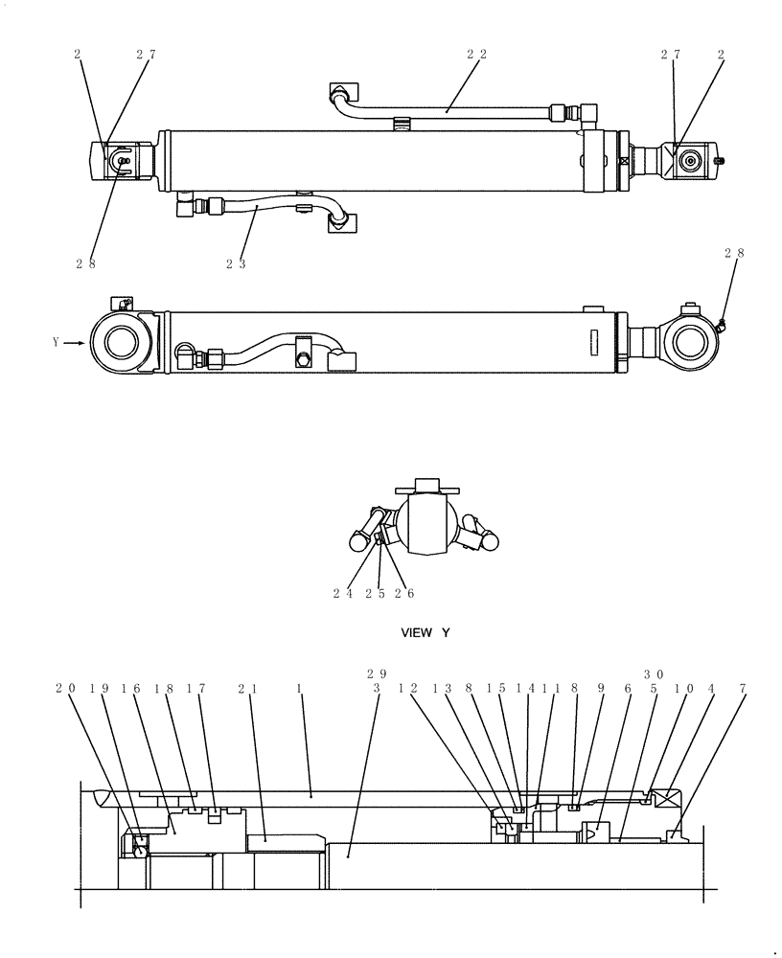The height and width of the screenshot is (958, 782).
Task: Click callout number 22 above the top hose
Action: point(476,55)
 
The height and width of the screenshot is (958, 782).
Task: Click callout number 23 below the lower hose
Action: point(236,263)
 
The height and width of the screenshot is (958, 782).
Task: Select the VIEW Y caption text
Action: point(425,633)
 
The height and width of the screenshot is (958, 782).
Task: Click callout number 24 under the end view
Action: point(343,593)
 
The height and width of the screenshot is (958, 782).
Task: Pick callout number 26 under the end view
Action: point(404,593)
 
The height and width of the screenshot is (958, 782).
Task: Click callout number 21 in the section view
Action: point(247,688)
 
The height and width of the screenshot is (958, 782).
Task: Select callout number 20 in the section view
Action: point(64,688)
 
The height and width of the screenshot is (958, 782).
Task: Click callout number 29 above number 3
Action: point(377,673)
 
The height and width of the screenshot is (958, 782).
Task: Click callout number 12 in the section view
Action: point(407,688)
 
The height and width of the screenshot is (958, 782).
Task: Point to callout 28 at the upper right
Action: point(734,253)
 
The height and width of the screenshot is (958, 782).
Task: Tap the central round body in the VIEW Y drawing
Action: point(425,523)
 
